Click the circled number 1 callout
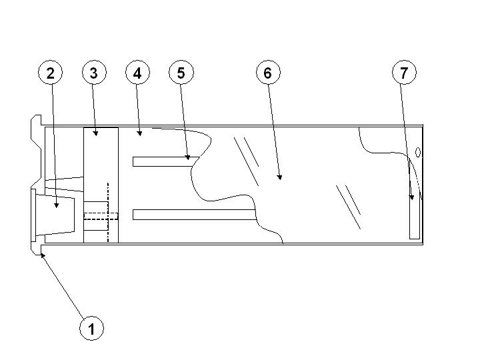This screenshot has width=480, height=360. pos(91,329)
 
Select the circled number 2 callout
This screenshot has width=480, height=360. pos(50,73)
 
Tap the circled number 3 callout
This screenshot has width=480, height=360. pos(94,73)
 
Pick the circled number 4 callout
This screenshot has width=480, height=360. pos(137,73)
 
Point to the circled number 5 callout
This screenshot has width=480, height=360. pos(181,73)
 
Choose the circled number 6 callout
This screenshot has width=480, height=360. pos(268,73)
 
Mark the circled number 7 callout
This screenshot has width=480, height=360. pos(404,73)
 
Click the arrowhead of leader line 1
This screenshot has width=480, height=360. pos(42,255)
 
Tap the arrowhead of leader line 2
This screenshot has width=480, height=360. pos(56,205)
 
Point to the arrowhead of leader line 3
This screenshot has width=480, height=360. pos(95,133)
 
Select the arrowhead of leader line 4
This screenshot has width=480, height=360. pos(139,133)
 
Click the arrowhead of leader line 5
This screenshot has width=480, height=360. pos(188,157)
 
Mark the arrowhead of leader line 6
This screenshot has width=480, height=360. pos(279,177)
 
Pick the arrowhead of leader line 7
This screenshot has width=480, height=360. pos(412,197)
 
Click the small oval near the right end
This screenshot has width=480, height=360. pos(418,153)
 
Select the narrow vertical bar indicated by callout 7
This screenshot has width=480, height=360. pos(415,199)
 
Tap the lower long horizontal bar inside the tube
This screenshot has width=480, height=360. pos(194,215)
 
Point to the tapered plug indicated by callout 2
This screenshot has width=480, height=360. pos(55,214)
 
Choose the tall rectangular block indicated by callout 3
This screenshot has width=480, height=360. pos(101,185)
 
